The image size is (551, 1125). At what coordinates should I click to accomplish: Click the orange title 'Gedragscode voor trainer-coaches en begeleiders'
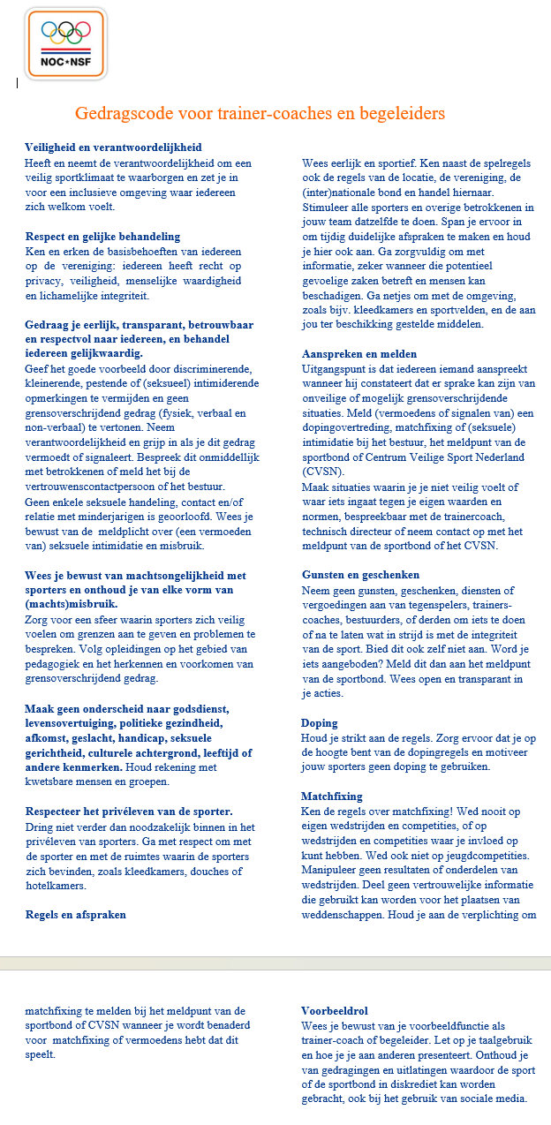pyautogui.click(x=260, y=114)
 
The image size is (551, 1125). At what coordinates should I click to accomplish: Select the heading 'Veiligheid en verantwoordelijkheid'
pyautogui.click(x=113, y=147)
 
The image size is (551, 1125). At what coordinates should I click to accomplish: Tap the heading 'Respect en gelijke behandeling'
pyautogui.click(x=102, y=237)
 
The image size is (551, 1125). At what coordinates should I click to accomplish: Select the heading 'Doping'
pyautogui.click(x=319, y=722)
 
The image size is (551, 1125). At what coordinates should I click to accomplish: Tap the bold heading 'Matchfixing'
pyautogui.click(x=332, y=796)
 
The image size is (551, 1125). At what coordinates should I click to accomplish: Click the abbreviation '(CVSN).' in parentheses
pyautogui.click(x=325, y=471)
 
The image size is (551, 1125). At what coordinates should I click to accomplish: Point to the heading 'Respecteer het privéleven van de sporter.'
pyautogui.click(x=129, y=812)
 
